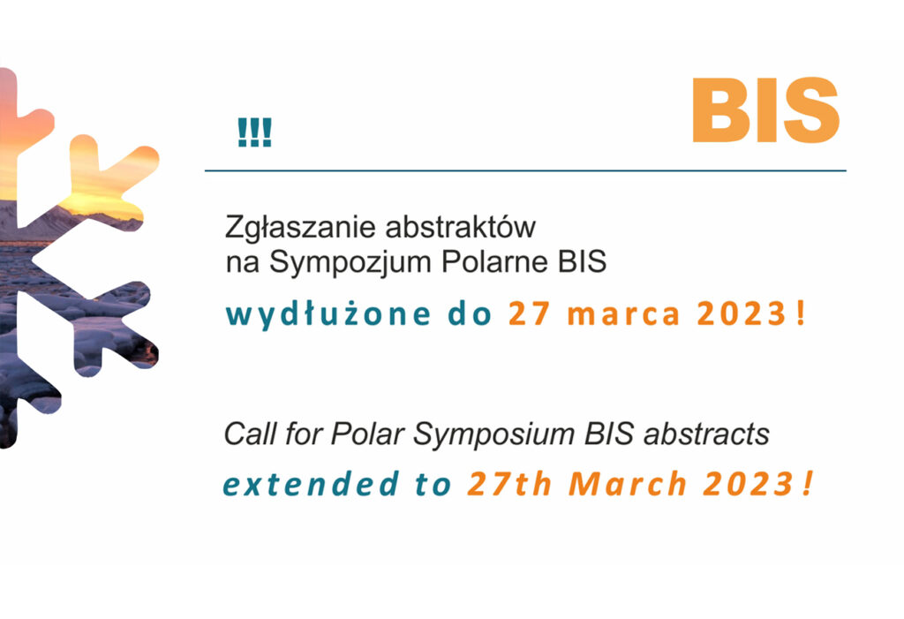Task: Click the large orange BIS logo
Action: tap(765, 109)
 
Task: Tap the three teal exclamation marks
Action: tap(254, 132)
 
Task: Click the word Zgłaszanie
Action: tap(301, 228)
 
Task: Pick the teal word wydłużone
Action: tap(328, 314)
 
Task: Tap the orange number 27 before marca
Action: tap(529, 314)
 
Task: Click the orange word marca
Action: tap(624, 316)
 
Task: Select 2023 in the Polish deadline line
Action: tap(742, 314)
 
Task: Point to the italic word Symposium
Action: tap(493, 434)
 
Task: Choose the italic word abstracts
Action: tap(705, 434)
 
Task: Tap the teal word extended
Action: tap(311, 483)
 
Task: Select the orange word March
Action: tap(628, 483)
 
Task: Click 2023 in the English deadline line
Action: tap(749, 483)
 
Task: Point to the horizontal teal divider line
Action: tap(525, 170)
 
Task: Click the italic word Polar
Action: tap(366, 434)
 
